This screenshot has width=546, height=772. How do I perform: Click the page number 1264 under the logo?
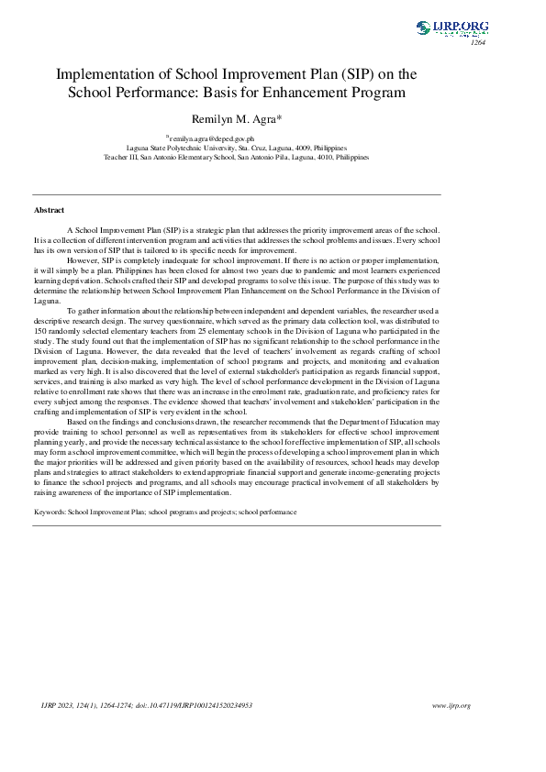coord(478,42)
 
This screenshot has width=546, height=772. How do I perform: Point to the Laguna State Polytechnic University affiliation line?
coord(236,147)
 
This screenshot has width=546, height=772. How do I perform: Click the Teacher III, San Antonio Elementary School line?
coord(236,157)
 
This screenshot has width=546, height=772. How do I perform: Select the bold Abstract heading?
coord(49,210)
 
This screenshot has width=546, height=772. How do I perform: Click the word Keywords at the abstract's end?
coord(51,511)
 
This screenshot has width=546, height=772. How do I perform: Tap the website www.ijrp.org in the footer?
coord(450,705)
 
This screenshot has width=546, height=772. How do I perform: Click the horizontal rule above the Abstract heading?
coord(237,194)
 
